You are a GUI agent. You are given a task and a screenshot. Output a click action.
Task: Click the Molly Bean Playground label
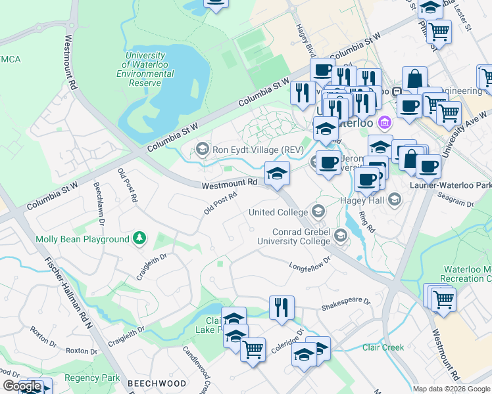pyautogui.click(x=82, y=240)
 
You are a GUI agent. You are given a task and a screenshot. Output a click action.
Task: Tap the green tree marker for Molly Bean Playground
pyautogui.click(x=139, y=239)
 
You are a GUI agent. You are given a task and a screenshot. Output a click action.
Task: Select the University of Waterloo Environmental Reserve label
pyautogui.click(x=145, y=70)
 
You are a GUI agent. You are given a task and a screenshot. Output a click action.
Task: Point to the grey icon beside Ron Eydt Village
pyautogui.click(x=202, y=150)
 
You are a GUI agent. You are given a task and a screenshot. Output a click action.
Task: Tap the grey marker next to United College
pyautogui.click(x=318, y=211)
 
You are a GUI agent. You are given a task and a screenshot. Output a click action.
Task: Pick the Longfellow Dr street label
pyautogui.click(x=309, y=265)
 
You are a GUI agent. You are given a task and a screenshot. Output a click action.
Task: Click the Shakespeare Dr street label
pyautogui.click(x=346, y=304)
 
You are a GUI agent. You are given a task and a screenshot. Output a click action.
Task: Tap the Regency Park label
pyautogui.click(x=97, y=378)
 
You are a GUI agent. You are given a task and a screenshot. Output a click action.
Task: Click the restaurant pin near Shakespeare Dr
pyautogui.click(x=282, y=307)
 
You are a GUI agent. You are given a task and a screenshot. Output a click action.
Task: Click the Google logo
pyautogui.click(x=22, y=386)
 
